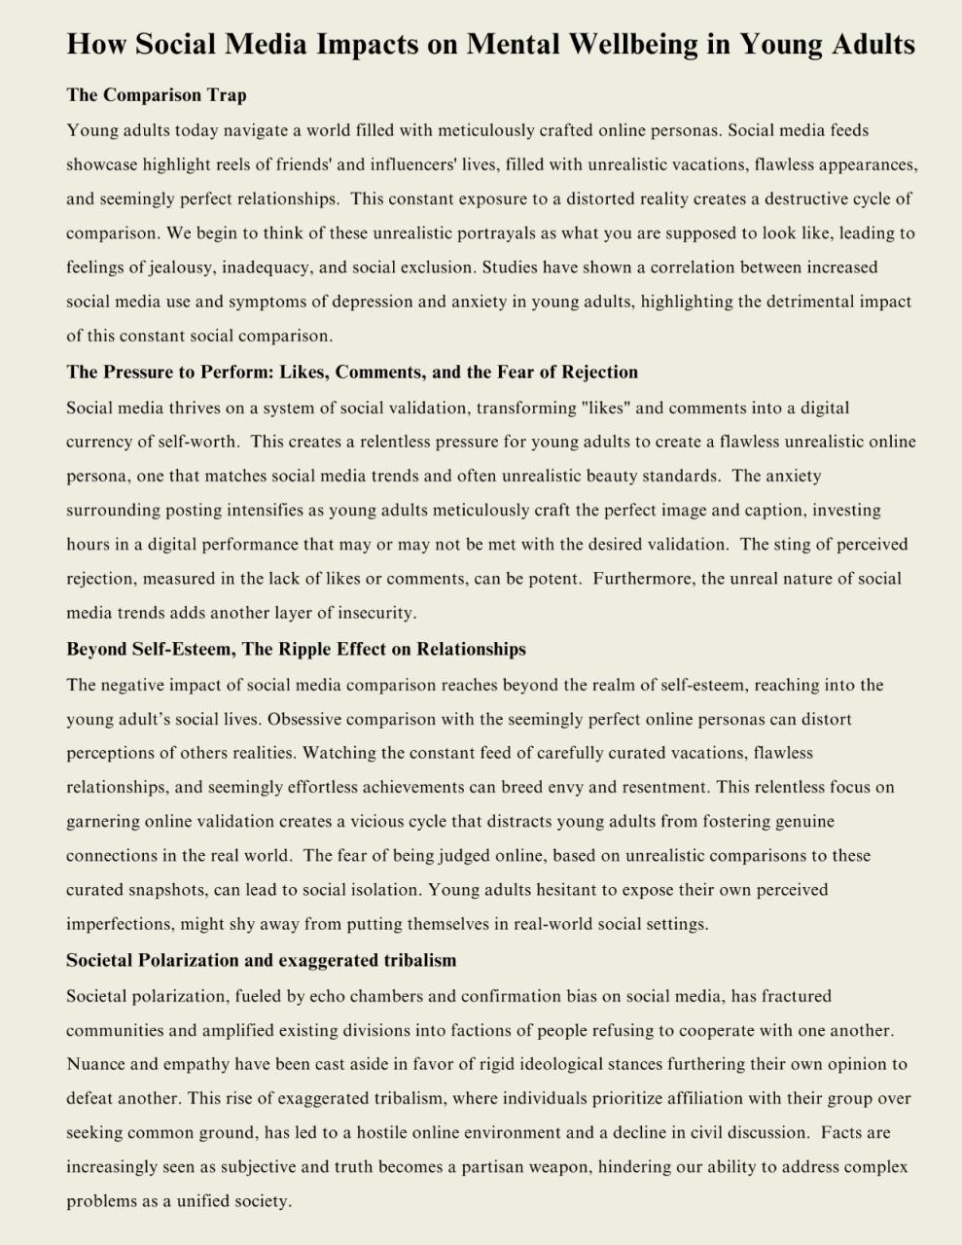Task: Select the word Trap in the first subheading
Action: pyautogui.click(x=226, y=95)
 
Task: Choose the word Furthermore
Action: pyautogui.click(x=641, y=579)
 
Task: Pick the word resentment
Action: pyautogui.click(x=660, y=788)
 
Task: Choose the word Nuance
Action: pyautogui.click(x=96, y=1064)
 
